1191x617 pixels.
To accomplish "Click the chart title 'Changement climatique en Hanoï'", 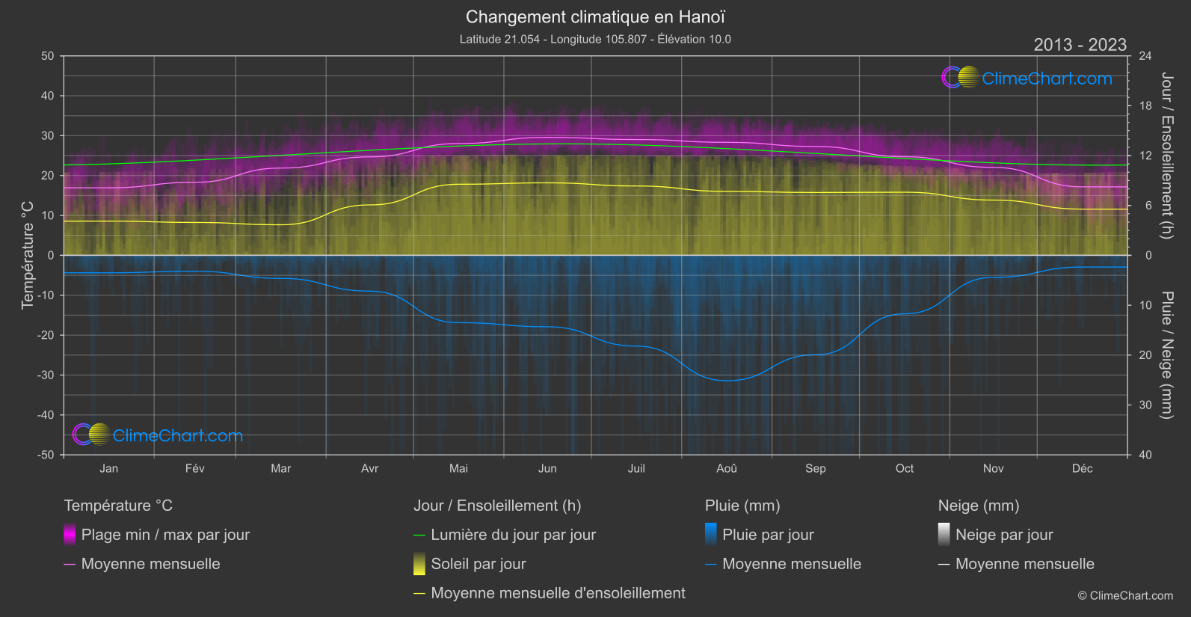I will coord(595,16).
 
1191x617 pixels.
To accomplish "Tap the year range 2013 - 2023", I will coord(1080,45).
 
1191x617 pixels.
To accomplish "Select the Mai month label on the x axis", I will coord(458,468).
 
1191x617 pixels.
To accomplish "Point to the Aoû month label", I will coord(726,468).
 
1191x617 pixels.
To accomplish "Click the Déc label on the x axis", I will coord(1082,468).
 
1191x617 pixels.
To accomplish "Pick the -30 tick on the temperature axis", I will coord(46,375).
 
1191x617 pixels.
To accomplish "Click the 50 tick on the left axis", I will coord(48,56).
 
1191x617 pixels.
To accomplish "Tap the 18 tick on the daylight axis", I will coord(1145,106).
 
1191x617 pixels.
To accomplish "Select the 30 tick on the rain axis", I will coord(1145,405).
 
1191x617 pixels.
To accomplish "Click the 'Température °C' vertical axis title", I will coord(28,255).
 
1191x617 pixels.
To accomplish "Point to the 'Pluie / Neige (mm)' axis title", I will coord(1166,354).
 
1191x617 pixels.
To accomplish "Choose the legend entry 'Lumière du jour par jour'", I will coord(513,535).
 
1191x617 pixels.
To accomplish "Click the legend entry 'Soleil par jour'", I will coord(478,564).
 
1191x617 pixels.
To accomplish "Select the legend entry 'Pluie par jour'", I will coord(768,535).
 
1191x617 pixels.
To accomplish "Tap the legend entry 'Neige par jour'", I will coord(1004,535).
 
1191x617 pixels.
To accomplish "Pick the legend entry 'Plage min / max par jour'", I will coord(165,535).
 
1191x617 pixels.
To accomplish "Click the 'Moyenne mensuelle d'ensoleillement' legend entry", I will coord(558,593).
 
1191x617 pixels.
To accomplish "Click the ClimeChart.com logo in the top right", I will coord(1027,78).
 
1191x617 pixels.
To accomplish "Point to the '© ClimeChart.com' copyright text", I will coord(1125,596).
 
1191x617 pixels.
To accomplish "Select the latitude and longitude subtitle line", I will coord(595,39).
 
